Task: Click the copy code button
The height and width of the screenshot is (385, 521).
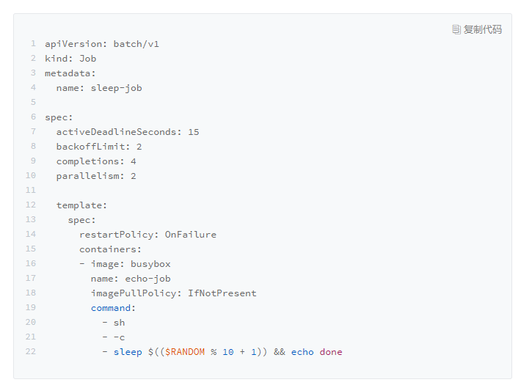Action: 477,29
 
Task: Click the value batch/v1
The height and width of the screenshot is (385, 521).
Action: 136,44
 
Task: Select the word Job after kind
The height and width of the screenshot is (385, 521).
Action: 87,59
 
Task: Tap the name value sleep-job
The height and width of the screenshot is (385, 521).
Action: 116,88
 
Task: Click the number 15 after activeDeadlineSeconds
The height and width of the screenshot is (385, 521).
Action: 193,132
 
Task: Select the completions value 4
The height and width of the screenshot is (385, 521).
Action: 134,161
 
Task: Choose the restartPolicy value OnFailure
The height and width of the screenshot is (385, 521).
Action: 190,235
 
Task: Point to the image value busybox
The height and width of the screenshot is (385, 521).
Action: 150,264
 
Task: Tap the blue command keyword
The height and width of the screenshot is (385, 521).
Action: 110,308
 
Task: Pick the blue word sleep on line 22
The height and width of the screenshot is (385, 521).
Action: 128,352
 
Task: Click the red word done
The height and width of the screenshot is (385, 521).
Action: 331,352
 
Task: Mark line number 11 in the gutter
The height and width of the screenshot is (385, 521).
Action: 31,191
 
